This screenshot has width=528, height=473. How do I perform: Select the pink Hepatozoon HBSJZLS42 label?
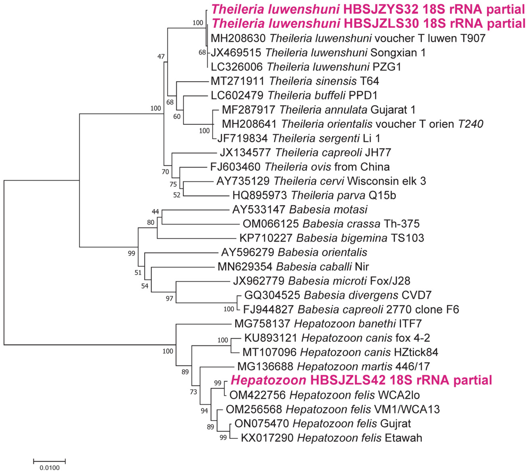tap(361, 380)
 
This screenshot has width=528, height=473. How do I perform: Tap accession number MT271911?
tap(237, 81)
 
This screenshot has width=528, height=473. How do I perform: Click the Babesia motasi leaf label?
tap(300, 210)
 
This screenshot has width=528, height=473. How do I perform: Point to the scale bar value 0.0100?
tap(49, 468)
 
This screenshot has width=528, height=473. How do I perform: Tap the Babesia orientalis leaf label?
tap(294, 252)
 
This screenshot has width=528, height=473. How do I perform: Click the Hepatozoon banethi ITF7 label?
tap(328, 324)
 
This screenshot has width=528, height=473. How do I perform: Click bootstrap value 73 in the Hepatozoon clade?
tap(193, 392)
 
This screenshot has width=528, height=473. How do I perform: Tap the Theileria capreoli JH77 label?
tap(305, 152)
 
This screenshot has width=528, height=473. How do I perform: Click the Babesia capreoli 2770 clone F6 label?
tap(351, 310)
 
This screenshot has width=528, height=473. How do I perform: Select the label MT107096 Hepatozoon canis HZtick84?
tap(340, 352)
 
